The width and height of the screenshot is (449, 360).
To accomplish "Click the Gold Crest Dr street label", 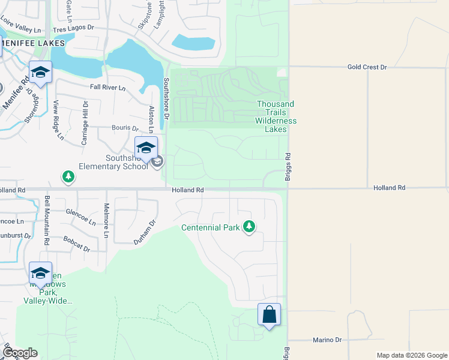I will pos(367,67).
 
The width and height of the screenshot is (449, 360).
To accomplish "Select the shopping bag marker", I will pos(269,314).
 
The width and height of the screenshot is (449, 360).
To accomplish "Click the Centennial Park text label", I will pos(211,228).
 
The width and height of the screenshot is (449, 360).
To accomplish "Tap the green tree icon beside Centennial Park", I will pos(249,227).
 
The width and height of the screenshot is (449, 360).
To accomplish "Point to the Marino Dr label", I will pos(327,340).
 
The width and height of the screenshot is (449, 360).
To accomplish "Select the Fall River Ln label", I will pos(107,88).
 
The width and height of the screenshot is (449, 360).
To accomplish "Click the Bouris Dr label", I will pos(125,128).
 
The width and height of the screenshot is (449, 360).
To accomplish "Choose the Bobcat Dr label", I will pos(76,244).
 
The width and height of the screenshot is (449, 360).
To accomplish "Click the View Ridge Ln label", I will pos(59,120).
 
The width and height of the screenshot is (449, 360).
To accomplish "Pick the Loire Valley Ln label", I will pos(21,25).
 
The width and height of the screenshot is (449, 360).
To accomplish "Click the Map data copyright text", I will pos(411,355).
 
